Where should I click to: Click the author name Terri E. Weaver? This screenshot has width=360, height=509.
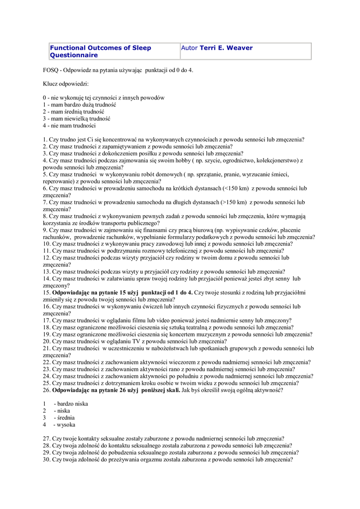pyautogui.click(x=226, y=48)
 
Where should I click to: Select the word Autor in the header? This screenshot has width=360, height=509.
pyautogui.click(x=189, y=48)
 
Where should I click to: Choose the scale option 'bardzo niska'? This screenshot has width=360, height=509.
pyautogui.click(x=72, y=404)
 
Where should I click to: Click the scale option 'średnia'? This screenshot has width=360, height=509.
pyautogui.click(x=68, y=418)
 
